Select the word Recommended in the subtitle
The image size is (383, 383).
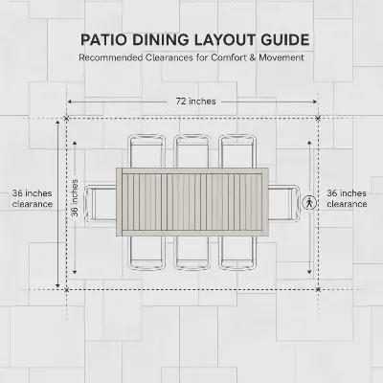point(111,57)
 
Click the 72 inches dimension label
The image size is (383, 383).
point(195,101)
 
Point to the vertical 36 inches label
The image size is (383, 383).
point(75,198)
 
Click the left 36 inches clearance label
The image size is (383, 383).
point(33,198)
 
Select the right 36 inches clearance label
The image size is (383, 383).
point(347,198)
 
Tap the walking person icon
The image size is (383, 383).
point(309,203)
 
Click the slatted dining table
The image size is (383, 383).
point(192,202)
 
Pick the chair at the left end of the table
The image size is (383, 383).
point(101,203)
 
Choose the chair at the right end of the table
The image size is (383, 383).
point(284,203)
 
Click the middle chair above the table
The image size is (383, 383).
point(192,151)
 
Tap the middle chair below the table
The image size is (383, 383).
point(192,253)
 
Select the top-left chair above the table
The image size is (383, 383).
point(146,151)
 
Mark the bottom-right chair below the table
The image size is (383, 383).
point(237,253)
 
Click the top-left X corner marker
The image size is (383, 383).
point(66,119)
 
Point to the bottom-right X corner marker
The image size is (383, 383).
point(318,289)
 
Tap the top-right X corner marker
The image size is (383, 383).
point(318,119)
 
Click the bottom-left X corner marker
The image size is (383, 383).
point(66,290)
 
